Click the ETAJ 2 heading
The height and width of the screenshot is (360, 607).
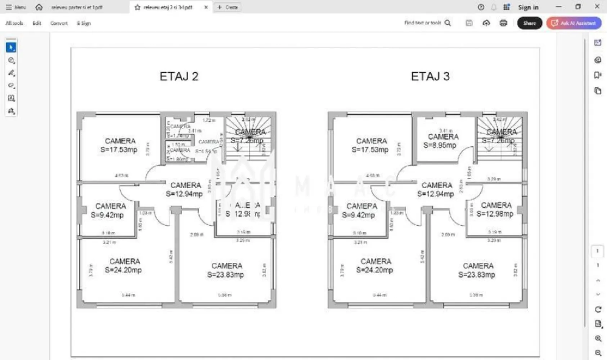click(179, 76)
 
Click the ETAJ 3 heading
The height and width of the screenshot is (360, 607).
click(430, 76)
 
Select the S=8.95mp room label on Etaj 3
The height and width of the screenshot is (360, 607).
click(440, 145)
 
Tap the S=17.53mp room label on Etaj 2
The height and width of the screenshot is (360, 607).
click(119, 150)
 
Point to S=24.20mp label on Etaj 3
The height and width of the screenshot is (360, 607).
click(374, 270)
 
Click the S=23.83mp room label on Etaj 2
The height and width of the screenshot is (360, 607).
click(225, 275)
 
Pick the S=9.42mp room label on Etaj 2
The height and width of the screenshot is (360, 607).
click(107, 215)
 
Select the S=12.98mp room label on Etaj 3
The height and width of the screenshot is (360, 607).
click(495, 214)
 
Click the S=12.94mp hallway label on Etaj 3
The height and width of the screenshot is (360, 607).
click(436, 194)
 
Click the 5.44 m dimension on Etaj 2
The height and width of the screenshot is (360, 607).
click(128, 295)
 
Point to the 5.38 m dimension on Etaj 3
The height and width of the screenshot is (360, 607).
click(476, 295)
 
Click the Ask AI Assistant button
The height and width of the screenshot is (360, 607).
click(574, 23)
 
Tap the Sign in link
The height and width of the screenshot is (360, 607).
click(528, 7)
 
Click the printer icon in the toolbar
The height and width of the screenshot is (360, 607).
click(503, 23)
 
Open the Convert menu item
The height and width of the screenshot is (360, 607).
click(59, 23)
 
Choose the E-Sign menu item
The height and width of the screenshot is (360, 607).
click(84, 23)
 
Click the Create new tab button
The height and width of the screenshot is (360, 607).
click(228, 7)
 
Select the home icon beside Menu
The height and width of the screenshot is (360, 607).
click(39, 7)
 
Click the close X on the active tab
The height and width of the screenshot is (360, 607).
click(206, 7)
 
